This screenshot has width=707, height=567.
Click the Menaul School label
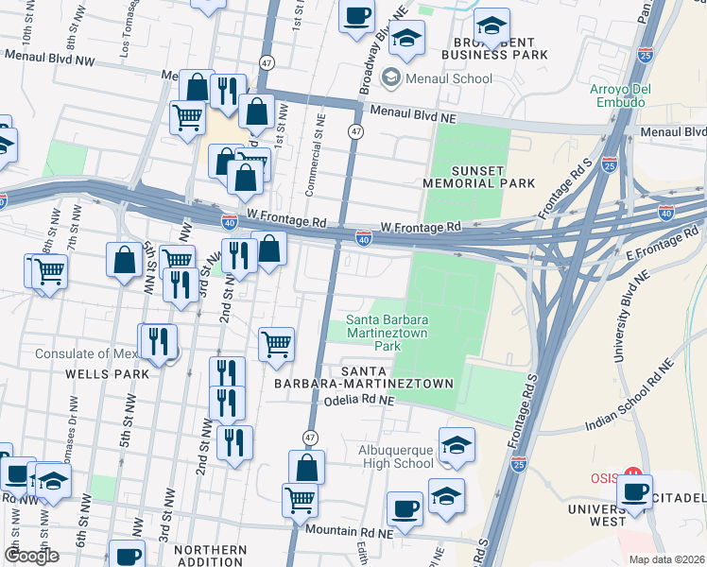pyautogui.click(x=449, y=78)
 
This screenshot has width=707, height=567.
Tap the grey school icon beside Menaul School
pyautogui.click(x=391, y=78)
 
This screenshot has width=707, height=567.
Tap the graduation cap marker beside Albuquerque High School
pyautogui.click(x=457, y=445)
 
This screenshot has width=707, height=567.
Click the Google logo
pyautogui.click(x=32, y=556)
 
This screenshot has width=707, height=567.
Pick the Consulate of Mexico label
pyautogui.click(x=85, y=354)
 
